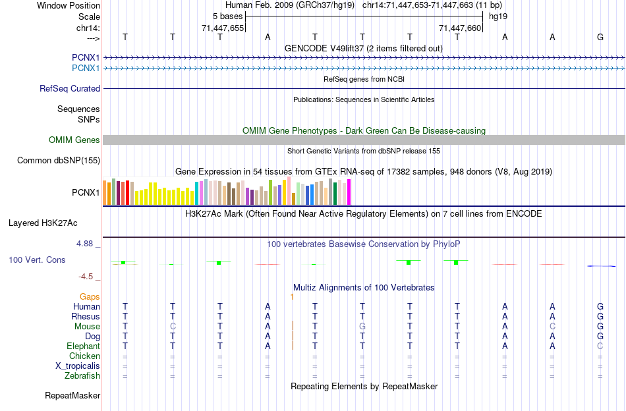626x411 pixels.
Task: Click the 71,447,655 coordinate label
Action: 223,28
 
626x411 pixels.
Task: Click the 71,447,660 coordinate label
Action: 461,28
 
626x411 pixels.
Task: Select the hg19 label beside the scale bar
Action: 498,16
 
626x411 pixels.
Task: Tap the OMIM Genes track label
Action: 74,140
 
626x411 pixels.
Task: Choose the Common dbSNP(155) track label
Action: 59,160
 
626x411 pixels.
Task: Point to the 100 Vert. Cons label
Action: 37,260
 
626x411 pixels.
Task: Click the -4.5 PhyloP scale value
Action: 86,277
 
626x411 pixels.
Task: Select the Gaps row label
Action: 90,296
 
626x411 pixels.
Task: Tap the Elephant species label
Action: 83,346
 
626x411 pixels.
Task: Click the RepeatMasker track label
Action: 72,396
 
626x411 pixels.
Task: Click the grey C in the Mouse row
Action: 173,327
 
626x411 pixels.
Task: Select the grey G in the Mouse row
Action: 362,327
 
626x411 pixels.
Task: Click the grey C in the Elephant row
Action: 600,346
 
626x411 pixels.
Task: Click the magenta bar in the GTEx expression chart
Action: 349,192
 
